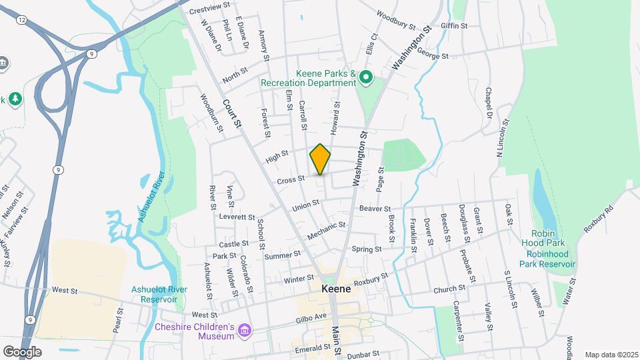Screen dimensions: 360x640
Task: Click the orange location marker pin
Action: point(320,159)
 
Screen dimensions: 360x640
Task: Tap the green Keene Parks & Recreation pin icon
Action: point(365,79)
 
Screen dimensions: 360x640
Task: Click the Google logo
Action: point(22,351)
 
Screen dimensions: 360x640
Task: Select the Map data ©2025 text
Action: point(610,355)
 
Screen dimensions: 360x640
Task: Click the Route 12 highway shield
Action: point(23,21)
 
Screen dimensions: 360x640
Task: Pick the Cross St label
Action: point(291,179)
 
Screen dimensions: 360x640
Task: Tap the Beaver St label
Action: point(374,209)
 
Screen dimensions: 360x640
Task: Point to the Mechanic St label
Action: point(327,231)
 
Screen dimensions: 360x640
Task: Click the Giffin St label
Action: point(454,26)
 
